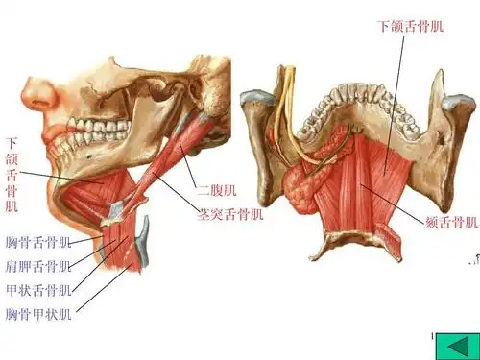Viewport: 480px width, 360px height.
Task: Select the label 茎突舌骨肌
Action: (x=230, y=213)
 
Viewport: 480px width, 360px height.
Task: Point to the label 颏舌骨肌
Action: (x=451, y=223)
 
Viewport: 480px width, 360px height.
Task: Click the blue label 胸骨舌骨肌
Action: (x=37, y=241)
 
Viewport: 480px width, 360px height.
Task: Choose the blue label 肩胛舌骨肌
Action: (x=37, y=266)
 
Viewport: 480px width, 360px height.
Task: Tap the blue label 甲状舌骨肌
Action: (x=37, y=290)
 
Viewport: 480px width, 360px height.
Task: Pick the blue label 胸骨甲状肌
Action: (x=37, y=314)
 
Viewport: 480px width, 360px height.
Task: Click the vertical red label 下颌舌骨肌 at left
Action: (x=12, y=175)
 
